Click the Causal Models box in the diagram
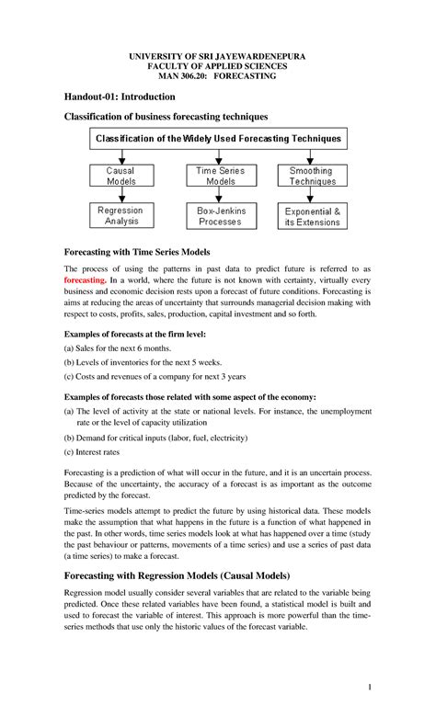[x=120, y=176]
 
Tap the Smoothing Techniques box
[x=311, y=176]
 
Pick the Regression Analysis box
[x=120, y=216]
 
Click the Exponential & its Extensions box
[x=312, y=216]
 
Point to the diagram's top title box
[x=218, y=139]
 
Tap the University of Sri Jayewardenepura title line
[x=218, y=56]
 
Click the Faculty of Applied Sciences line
[x=218, y=67]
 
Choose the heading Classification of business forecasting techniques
[x=165, y=117]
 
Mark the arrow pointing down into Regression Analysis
[x=120, y=198]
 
